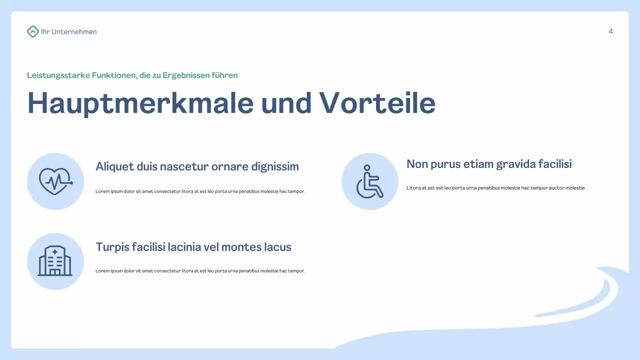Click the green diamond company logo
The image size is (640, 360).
[32, 31]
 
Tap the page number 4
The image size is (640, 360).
[610, 31]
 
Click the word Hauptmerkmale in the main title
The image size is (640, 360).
[140, 103]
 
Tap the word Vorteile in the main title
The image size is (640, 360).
[377, 103]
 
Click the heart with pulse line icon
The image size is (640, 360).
[55, 181]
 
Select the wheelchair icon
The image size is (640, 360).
[369, 181]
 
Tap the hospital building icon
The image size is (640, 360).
[55, 261]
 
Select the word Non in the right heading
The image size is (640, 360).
[416, 164]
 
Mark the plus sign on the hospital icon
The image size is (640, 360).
[54, 251]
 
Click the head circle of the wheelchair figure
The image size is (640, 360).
[367, 168]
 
